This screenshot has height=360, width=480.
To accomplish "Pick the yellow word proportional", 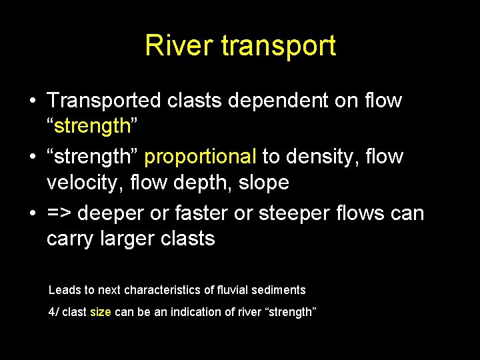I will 200,157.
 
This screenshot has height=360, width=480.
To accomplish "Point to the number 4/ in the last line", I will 53,312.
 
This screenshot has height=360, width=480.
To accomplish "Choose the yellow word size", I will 100,312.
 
